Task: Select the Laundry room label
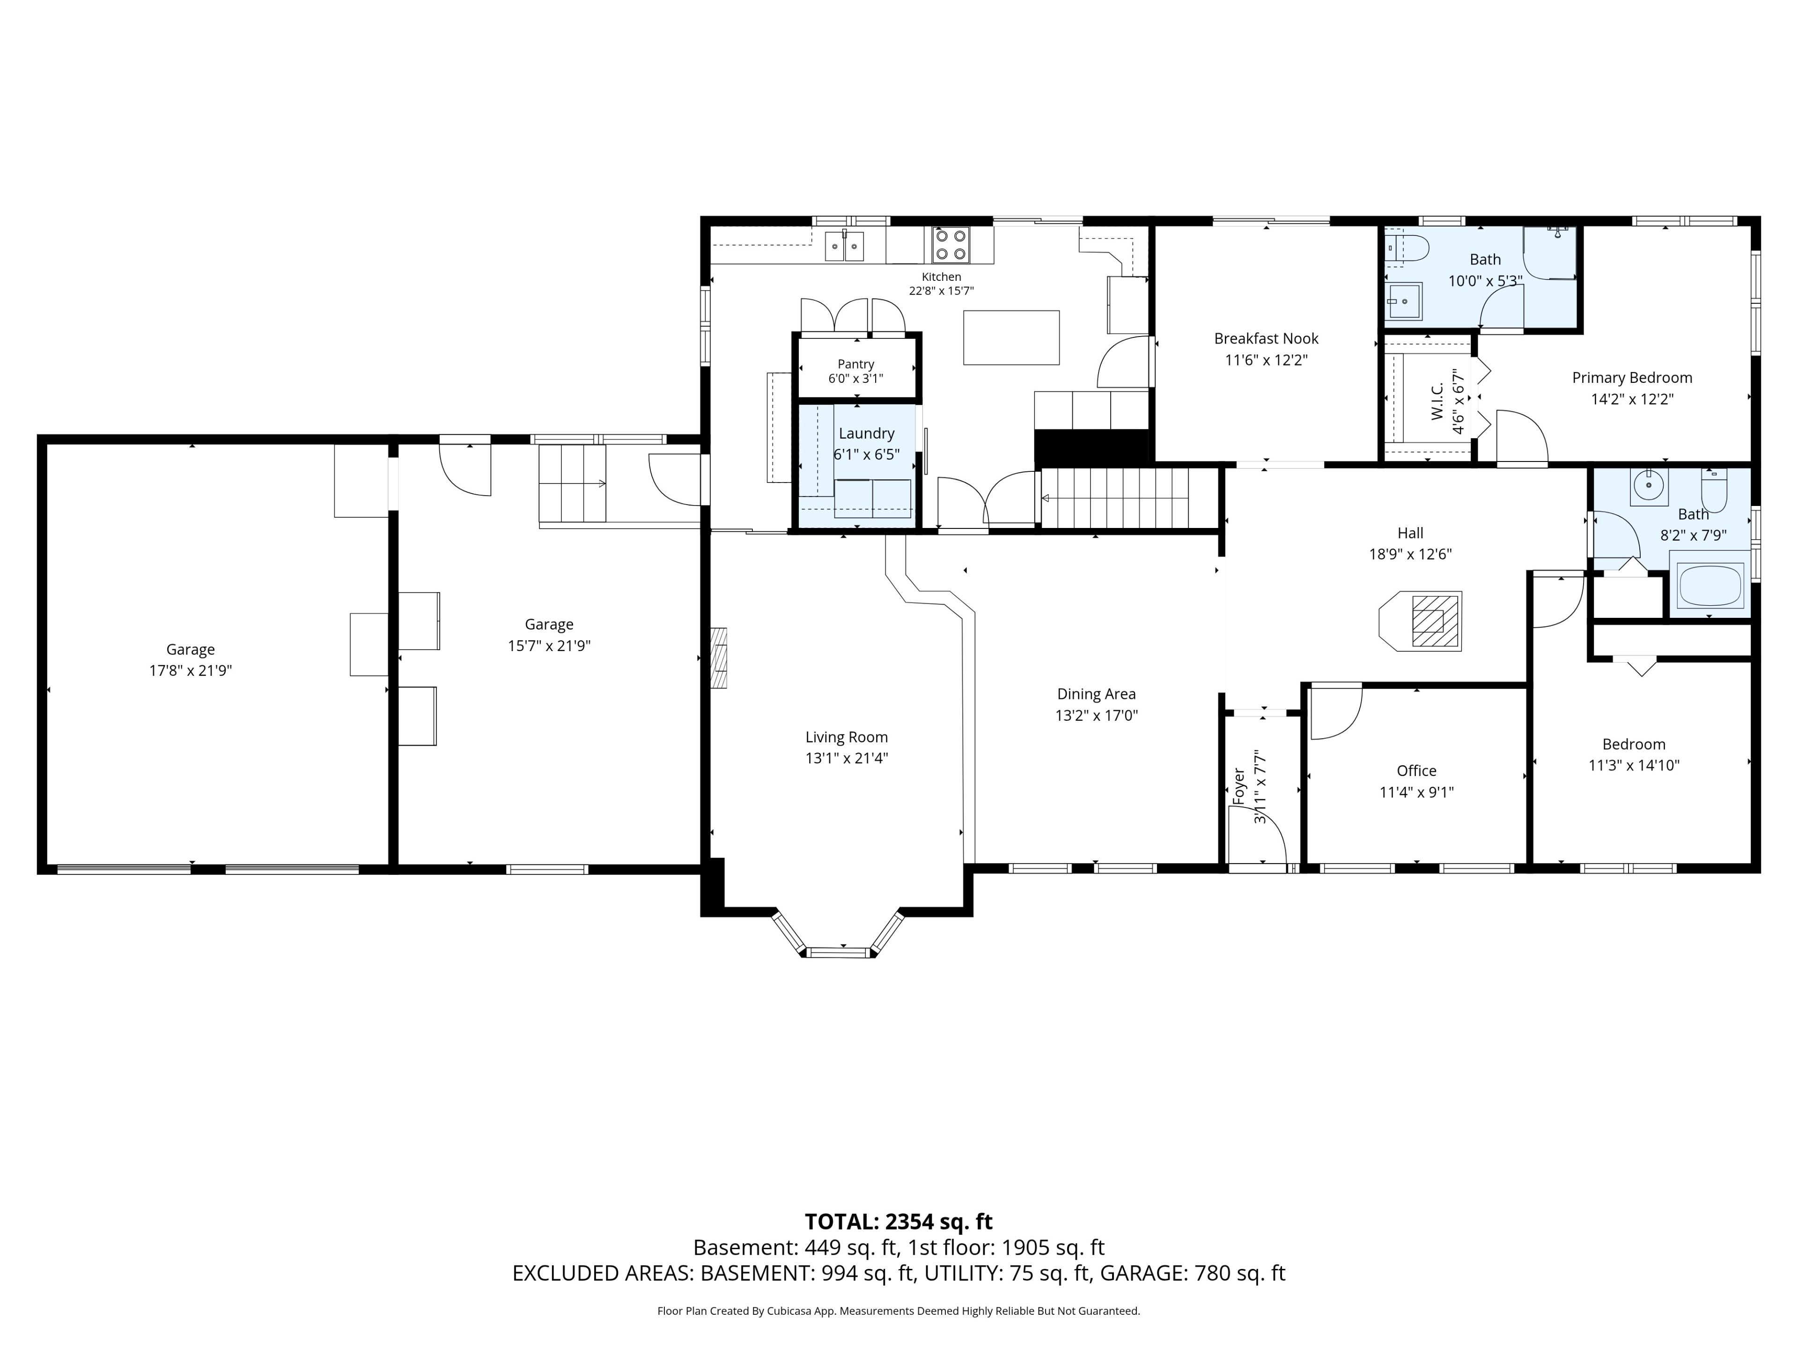(x=867, y=434)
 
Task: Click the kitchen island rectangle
(x=1011, y=337)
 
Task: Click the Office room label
(x=1416, y=771)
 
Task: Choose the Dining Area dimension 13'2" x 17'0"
(x=1097, y=716)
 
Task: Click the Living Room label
(x=846, y=737)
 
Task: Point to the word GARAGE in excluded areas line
(x=1141, y=1273)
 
